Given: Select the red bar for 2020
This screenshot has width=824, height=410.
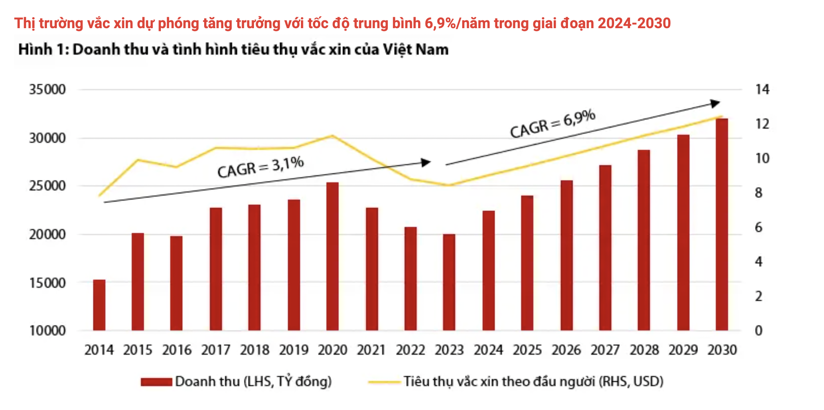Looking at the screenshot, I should coord(332,256).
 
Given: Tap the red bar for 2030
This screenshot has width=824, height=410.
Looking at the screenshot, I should coord(722,224).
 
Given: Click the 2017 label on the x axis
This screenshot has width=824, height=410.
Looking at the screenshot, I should coord(216,350).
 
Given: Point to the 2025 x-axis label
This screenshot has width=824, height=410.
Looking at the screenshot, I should coord(527,350).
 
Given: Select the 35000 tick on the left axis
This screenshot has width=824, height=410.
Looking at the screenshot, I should coord(47,89).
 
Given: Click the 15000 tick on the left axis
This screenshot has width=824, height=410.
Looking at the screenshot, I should coord(47,283).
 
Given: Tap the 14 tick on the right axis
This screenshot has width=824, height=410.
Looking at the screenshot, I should coord(762,89).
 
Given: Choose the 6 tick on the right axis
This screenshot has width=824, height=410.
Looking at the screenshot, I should coord(758,227).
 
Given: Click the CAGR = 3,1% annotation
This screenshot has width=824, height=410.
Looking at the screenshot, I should coord(261,167).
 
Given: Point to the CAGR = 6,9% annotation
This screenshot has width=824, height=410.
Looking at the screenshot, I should coord(553,124).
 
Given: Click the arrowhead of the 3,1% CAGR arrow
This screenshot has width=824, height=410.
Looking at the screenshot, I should coord(426,163).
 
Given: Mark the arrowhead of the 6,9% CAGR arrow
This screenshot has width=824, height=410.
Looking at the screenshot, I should coord(715,103).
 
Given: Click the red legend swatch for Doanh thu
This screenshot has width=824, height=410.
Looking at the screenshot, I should coord(156,382).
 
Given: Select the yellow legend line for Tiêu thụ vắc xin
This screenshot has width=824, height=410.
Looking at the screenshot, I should coord(384,382).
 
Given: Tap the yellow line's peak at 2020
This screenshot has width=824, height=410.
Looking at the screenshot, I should coord(332,136).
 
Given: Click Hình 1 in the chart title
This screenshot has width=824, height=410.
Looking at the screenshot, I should coord(43,49).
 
